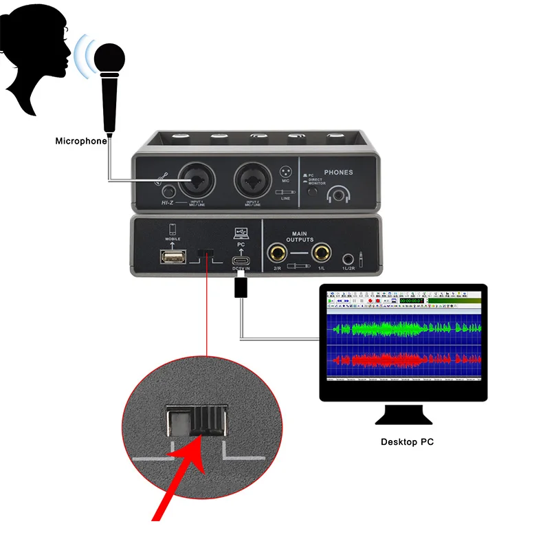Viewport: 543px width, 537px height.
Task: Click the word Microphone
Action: [81, 141]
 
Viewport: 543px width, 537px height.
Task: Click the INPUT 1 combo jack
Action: [197, 182]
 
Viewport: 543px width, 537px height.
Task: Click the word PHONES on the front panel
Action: [337, 173]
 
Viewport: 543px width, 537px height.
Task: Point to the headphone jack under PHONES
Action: [338, 195]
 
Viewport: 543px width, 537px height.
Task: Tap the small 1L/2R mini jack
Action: [348, 259]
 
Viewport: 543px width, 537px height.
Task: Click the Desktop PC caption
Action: [407, 441]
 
